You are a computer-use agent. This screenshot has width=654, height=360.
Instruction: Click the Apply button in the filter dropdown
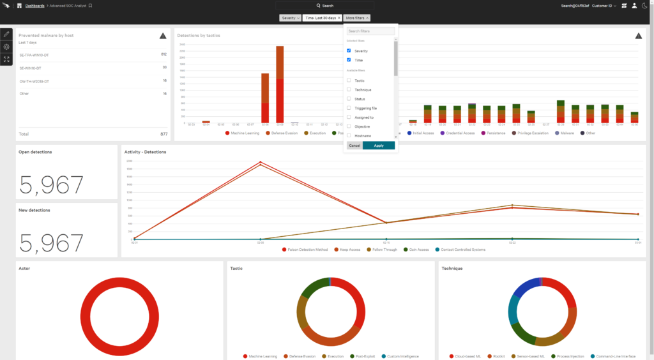(379, 146)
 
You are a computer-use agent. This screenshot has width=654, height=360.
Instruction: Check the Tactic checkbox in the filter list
(349, 80)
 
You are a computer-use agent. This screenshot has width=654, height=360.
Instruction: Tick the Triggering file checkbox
(349, 109)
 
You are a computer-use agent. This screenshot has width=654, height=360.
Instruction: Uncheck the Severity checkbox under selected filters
(349, 50)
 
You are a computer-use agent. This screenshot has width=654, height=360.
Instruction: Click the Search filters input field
(370, 31)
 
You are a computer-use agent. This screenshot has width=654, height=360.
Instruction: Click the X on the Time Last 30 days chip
(339, 18)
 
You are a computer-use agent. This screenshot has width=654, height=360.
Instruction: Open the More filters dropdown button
(357, 18)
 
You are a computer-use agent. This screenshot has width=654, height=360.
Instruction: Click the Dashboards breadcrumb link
(34, 5)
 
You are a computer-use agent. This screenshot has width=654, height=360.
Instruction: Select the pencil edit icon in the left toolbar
(6, 34)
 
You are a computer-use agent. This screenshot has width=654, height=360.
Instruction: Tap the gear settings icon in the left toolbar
(6, 47)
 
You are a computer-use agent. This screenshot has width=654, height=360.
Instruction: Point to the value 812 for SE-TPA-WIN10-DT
(163, 55)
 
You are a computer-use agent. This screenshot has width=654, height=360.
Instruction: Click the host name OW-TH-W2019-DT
(34, 81)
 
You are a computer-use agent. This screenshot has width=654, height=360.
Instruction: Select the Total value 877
(163, 134)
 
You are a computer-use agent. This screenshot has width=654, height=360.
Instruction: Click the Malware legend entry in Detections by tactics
(564, 133)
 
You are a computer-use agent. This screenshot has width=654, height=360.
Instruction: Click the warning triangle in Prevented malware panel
(163, 36)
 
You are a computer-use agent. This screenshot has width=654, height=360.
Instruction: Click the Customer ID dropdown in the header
(604, 6)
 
